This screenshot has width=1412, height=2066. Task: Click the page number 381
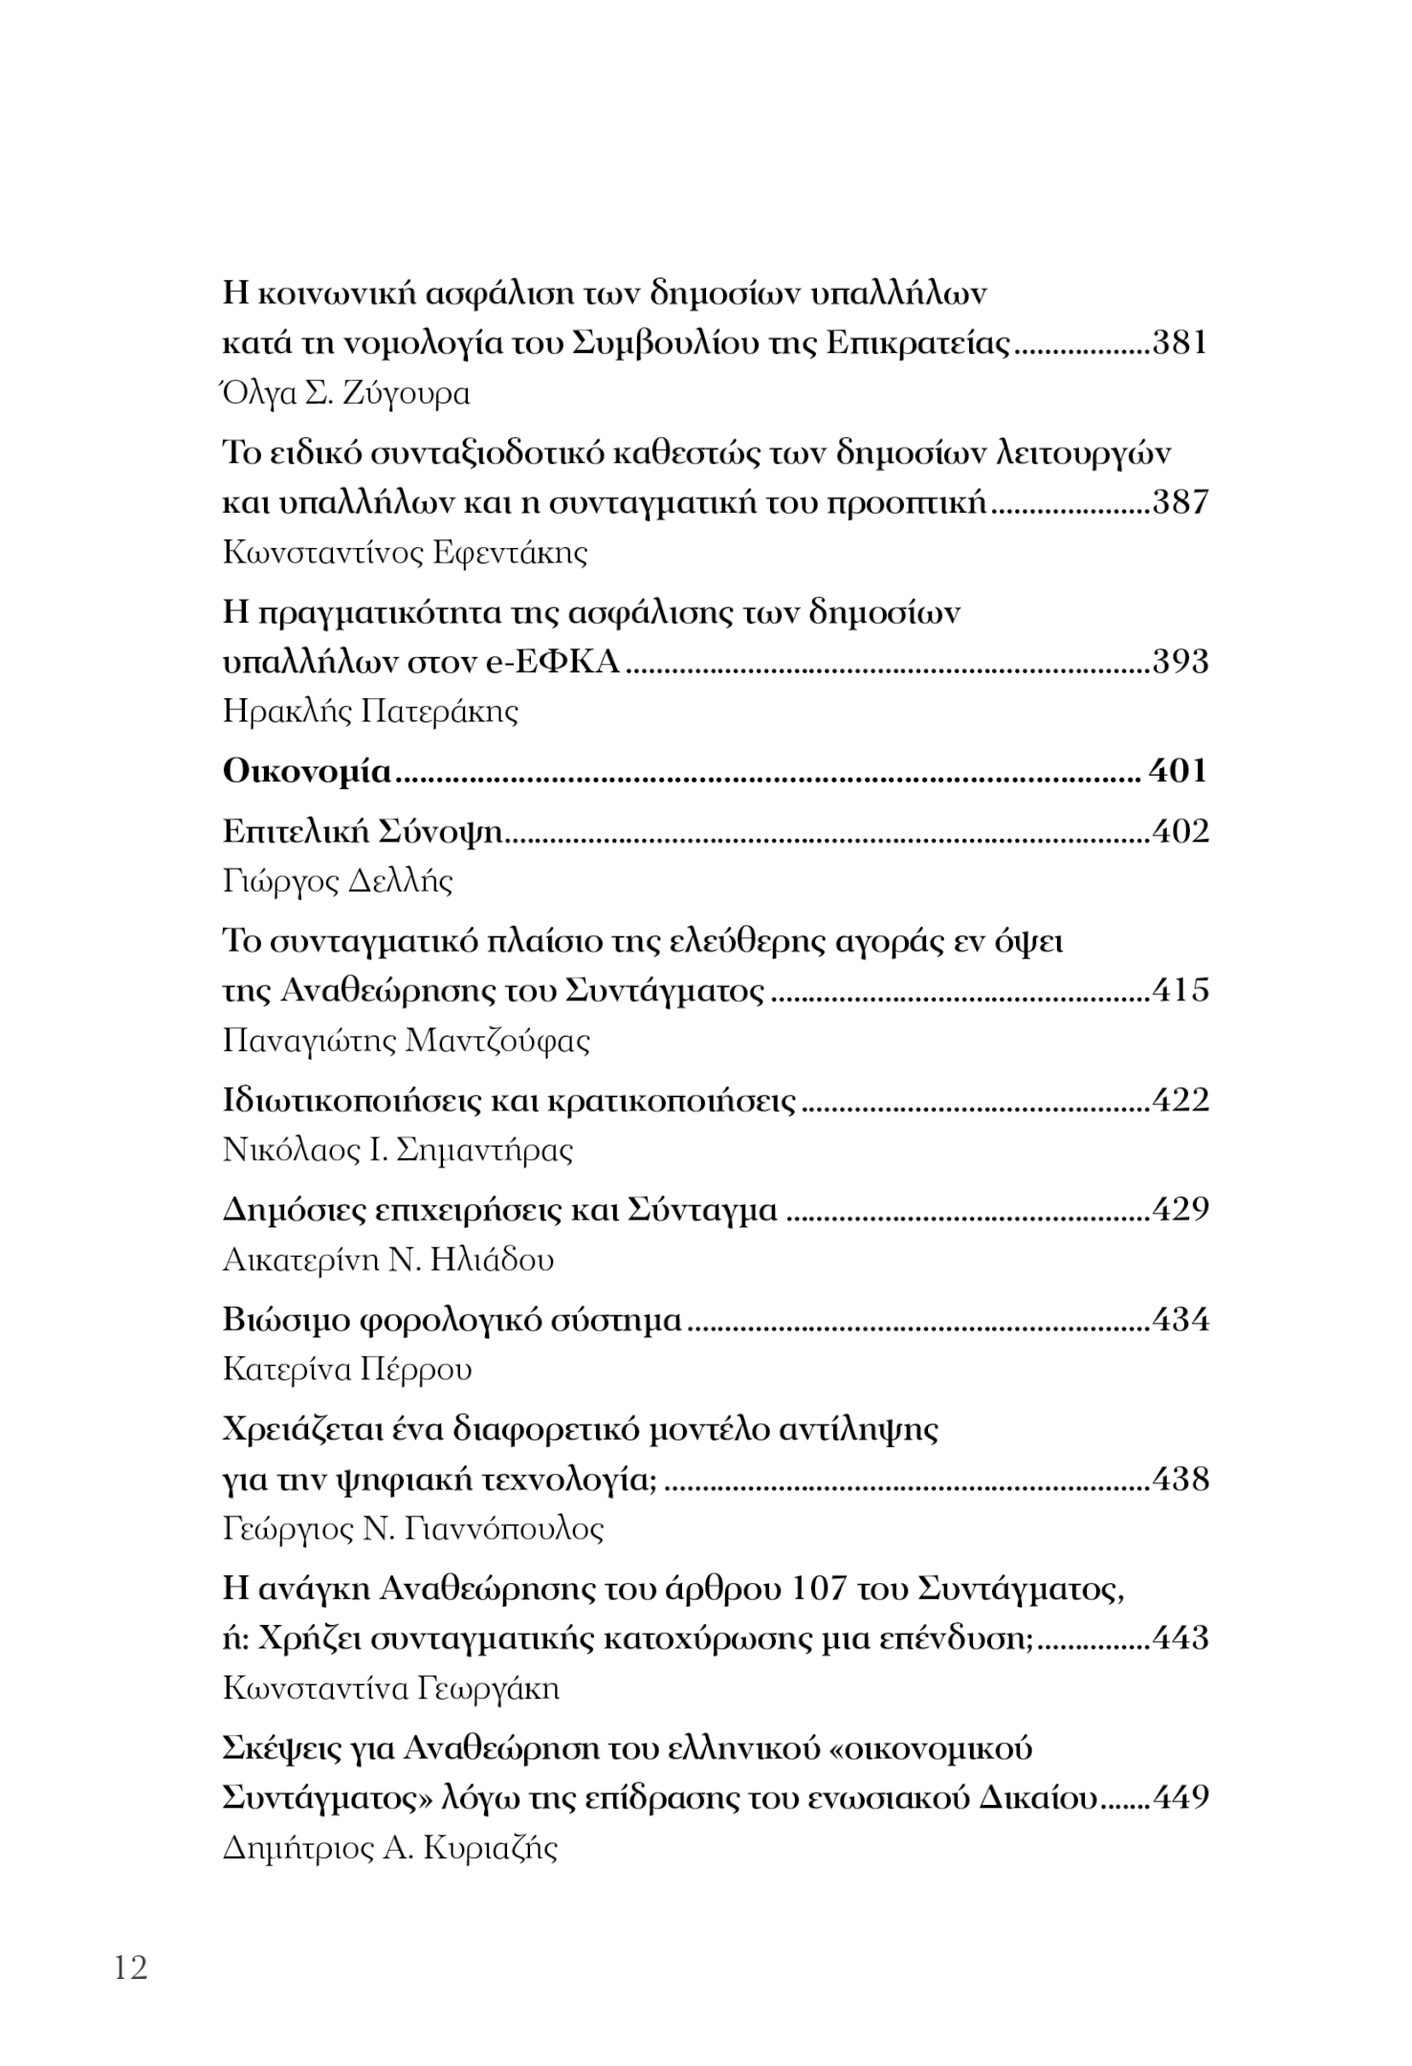click(x=1180, y=343)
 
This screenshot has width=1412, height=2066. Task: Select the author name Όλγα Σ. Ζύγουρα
click(x=345, y=394)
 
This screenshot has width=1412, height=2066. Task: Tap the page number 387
click(x=1180, y=502)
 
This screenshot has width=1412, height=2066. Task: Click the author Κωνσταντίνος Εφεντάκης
click(x=405, y=553)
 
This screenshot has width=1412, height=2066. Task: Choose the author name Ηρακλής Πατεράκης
click(x=370, y=712)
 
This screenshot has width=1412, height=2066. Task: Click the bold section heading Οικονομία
click(x=307, y=771)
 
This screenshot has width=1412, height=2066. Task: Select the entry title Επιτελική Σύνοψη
click(x=363, y=832)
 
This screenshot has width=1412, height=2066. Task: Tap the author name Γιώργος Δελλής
click(x=337, y=881)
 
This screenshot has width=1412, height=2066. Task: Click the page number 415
click(x=1180, y=990)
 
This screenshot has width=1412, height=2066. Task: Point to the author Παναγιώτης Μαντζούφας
click(x=406, y=1041)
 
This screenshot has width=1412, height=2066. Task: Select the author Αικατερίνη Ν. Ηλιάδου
click(x=387, y=1260)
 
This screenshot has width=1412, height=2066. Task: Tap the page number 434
click(x=1180, y=1321)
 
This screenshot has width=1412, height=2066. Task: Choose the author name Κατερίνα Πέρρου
click(x=347, y=1371)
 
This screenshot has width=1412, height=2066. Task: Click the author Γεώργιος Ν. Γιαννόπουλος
click(x=413, y=1529)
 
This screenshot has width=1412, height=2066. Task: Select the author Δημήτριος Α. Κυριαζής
click(x=389, y=1847)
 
